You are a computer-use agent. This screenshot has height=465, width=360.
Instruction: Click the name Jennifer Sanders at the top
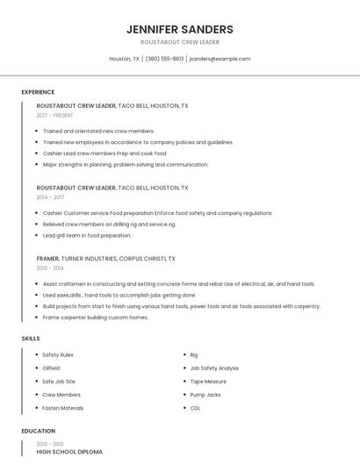point(179,29)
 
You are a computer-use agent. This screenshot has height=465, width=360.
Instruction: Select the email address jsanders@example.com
point(220,59)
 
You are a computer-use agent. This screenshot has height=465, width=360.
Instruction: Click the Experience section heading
point(38,92)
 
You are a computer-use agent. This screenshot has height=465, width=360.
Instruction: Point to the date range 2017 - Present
point(55,115)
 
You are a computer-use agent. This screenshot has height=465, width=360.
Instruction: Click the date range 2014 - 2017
point(50,197)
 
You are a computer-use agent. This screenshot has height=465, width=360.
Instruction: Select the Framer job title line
point(105,259)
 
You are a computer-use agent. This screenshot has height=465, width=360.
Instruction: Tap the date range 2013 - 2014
point(50,268)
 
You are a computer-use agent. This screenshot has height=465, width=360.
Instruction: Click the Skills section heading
point(31,338)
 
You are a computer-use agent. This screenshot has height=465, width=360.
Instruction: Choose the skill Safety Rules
point(58,354)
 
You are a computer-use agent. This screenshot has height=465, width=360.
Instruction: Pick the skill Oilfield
point(52,368)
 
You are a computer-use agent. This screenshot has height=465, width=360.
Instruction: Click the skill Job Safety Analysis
point(214,368)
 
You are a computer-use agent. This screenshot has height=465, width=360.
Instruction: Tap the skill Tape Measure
point(208,382)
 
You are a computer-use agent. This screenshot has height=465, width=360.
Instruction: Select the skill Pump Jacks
point(205,395)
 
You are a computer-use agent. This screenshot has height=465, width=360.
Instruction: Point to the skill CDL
point(195,408)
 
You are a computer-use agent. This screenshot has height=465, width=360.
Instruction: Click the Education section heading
point(38,431)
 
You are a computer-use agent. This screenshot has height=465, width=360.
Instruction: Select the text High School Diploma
point(69,452)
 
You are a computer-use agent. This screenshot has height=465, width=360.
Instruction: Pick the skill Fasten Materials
point(63,408)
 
